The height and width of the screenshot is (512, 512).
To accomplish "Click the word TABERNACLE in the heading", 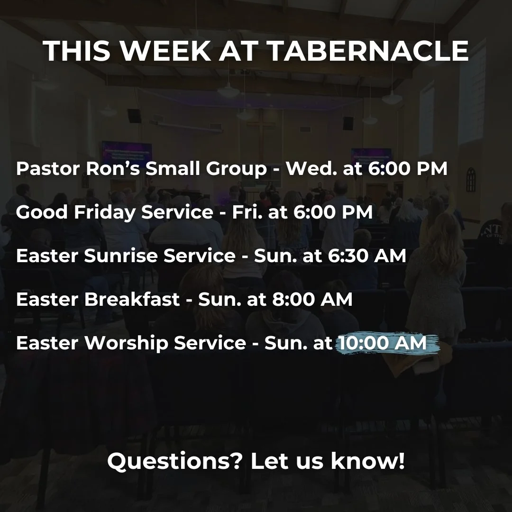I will [x=368, y=51].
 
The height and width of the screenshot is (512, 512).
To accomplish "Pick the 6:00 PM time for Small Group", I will [x=407, y=169].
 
